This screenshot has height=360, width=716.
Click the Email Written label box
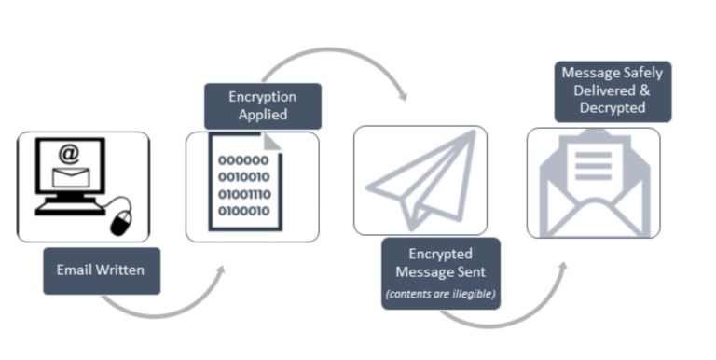click(102, 270)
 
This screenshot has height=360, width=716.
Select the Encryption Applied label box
click(263, 105)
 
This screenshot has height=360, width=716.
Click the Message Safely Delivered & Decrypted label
click(613, 90)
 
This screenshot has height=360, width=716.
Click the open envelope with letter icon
click(593, 183)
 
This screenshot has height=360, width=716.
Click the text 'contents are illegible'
click(441, 294)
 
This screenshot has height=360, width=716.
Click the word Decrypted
click(613, 107)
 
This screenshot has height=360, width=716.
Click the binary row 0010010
click(243, 176)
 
